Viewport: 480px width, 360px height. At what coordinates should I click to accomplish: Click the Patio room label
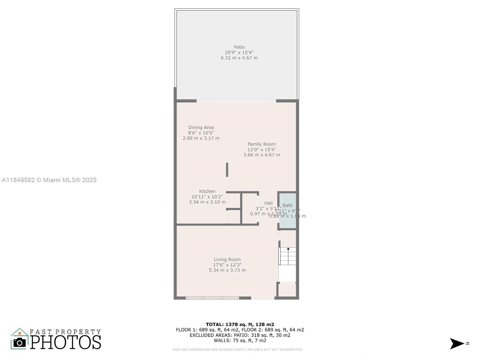[239, 47]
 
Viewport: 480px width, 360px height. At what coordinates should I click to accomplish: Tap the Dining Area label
[201, 127]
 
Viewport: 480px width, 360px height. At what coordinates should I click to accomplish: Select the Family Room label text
[261, 144]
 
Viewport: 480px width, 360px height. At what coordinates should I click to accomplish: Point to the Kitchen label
[207, 191]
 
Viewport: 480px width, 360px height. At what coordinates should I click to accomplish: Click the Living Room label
[227, 259]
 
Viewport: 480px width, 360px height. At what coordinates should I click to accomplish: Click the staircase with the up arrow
[288, 256]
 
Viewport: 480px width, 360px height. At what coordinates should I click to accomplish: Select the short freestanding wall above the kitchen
[227, 170]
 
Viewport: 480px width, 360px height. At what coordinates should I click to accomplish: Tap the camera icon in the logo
[20, 342]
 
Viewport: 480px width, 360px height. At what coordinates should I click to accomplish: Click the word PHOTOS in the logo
[65, 342]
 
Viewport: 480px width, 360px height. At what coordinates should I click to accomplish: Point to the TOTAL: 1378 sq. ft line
[240, 324]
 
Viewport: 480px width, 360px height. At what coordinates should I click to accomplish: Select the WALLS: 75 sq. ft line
[240, 340]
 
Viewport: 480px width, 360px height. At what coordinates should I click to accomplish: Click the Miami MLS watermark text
[49, 180]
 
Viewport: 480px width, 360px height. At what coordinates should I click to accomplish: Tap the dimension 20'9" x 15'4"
[239, 52]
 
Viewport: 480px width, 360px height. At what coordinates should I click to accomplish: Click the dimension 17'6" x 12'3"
[227, 265]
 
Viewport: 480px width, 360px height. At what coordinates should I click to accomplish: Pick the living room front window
[212, 298]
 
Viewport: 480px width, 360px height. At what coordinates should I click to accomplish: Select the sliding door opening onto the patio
[236, 101]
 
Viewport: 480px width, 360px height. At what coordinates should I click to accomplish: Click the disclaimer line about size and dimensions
[237, 349]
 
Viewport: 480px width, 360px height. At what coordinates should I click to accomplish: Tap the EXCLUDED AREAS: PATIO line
[240, 335]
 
